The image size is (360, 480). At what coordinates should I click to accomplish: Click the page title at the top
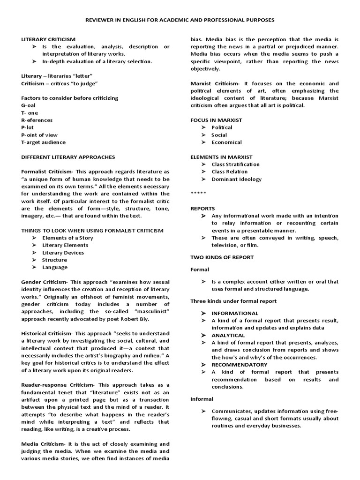click(180, 21)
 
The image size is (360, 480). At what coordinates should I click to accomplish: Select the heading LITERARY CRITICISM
click(48, 39)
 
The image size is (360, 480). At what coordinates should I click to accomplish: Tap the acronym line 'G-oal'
click(29, 105)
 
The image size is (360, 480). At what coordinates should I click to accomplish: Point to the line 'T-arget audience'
click(44, 142)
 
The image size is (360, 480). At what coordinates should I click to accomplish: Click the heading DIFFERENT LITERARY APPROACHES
click(68, 157)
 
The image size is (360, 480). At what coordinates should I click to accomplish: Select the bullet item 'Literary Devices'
click(63, 253)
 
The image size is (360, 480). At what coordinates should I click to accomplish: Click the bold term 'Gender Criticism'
click(44, 282)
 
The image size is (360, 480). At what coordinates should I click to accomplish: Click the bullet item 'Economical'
click(227, 142)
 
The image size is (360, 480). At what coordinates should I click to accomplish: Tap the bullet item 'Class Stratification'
click(235, 164)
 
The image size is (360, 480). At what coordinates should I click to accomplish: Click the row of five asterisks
click(197, 193)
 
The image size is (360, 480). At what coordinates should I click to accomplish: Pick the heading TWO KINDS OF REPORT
click(222, 257)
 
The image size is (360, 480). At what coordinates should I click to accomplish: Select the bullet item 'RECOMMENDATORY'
click(240, 364)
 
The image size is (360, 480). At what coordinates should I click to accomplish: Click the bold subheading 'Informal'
click(202, 399)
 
